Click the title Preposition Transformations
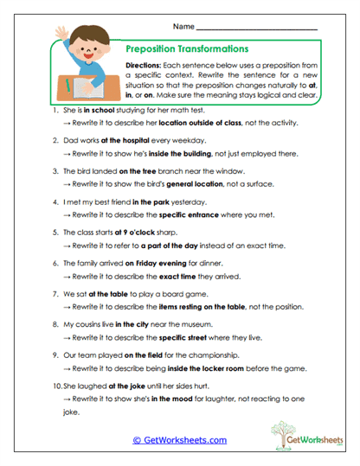point(187,50)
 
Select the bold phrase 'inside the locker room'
point(209,365)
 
